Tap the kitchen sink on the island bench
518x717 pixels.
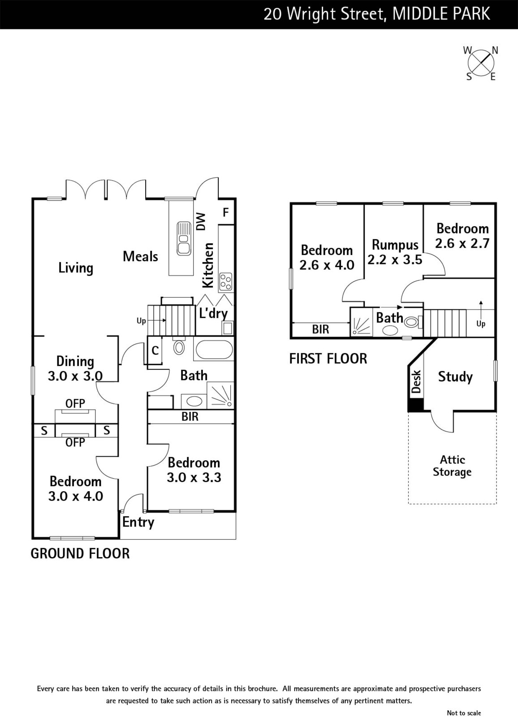pyautogui.click(x=184, y=238)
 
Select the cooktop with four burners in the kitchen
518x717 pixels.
pyautogui.click(x=226, y=282)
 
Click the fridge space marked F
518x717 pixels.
pyautogui.click(x=226, y=212)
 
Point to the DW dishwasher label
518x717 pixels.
pyautogui.click(x=201, y=221)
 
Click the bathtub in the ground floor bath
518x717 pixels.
pyautogui.click(x=214, y=350)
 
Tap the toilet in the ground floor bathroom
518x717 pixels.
pyautogui.click(x=179, y=346)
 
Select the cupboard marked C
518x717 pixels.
pyautogui.click(x=155, y=350)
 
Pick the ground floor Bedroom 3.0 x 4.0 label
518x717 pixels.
pyautogui.click(x=76, y=489)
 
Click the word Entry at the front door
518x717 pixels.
pyautogui.click(x=138, y=523)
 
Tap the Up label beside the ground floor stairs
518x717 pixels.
pyautogui.click(x=141, y=321)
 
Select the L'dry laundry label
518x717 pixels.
pyautogui.click(x=213, y=313)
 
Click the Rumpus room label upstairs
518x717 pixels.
pyautogui.click(x=395, y=245)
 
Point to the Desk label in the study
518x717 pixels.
pyautogui.click(x=416, y=381)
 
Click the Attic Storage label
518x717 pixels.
pyautogui.click(x=452, y=466)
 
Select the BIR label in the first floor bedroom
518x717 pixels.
pyautogui.click(x=320, y=329)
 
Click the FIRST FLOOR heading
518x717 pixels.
pyautogui.click(x=328, y=358)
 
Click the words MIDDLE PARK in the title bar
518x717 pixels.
pyautogui.click(x=441, y=14)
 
